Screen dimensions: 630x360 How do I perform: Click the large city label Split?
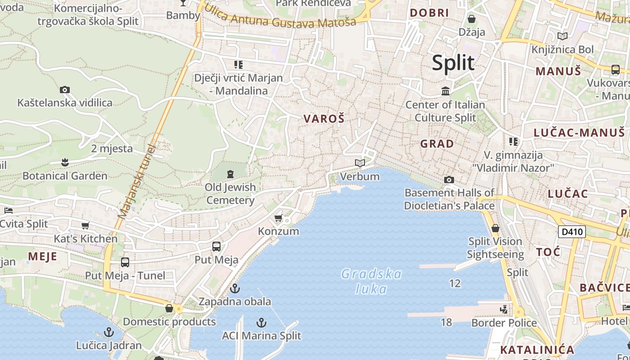pyautogui.click(x=453, y=63)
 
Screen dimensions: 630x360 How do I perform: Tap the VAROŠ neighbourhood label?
pyautogui.click(x=324, y=119)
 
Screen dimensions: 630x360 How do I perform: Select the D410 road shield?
pyautogui.click(x=572, y=232)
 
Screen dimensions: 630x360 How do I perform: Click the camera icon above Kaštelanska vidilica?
pyautogui.click(x=65, y=90)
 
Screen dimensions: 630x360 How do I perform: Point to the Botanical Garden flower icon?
pyautogui.click(x=65, y=162)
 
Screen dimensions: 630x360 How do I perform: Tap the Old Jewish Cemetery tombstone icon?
pyautogui.click(x=230, y=174)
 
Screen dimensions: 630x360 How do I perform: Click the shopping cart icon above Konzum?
pyautogui.click(x=278, y=218)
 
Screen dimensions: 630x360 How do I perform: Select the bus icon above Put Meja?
pyautogui.click(x=216, y=247)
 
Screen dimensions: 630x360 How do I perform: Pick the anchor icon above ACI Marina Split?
pyautogui.click(x=261, y=322)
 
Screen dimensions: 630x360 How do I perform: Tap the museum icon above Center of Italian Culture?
pyautogui.click(x=445, y=91)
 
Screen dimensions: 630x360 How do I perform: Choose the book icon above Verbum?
pyautogui.click(x=360, y=163)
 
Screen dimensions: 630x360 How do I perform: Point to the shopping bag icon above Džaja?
pyautogui.click(x=472, y=19)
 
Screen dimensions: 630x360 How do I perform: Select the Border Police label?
pyautogui.click(x=504, y=323)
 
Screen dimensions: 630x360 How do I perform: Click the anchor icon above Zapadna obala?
pyautogui.click(x=234, y=288)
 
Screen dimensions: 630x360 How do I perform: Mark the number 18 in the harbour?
pyautogui.click(x=446, y=322)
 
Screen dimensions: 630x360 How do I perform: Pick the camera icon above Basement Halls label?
pyautogui.click(x=449, y=180)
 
